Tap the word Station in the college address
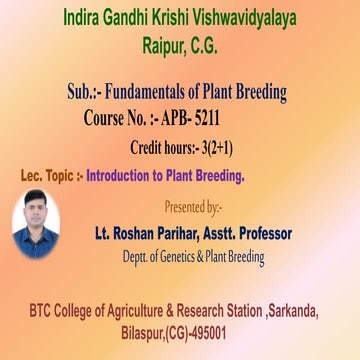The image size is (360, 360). (241, 312)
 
